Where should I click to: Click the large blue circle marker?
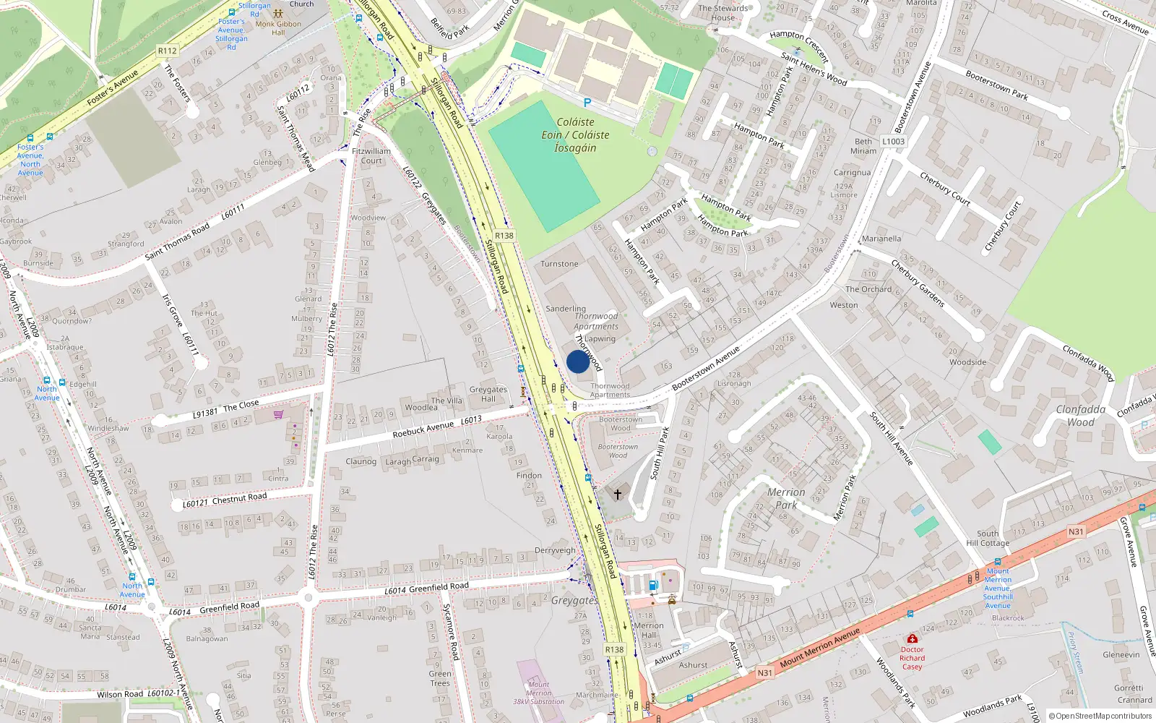pyautogui.click(x=577, y=361)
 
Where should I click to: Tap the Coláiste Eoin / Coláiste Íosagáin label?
pyautogui.click(x=575, y=135)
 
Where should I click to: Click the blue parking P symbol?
pyautogui.click(x=587, y=103)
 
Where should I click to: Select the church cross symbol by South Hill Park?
pyautogui.click(x=618, y=495)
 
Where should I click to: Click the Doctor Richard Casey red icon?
pyautogui.click(x=912, y=639)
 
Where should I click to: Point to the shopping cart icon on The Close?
pyautogui.click(x=278, y=414)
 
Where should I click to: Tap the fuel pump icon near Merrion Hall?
pyautogui.click(x=653, y=585)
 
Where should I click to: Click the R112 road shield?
pyautogui.click(x=167, y=51)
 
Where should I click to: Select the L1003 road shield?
pyautogui.click(x=893, y=142)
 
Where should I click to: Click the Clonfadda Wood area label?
pyautogui.click(x=1080, y=416)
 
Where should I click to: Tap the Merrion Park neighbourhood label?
pyautogui.click(x=785, y=499)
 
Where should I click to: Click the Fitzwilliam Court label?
pyautogui.click(x=371, y=156)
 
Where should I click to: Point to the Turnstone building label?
pyautogui.click(x=559, y=264)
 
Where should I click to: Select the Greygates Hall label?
pyautogui.click(x=488, y=394)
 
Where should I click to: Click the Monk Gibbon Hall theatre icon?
pyautogui.click(x=278, y=14)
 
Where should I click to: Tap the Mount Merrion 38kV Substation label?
pyautogui.click(x=538, y=693)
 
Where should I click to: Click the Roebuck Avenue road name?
pyautogui.click(x=423, y=429)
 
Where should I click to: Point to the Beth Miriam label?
pyautogui.click(x=863, y=146)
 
